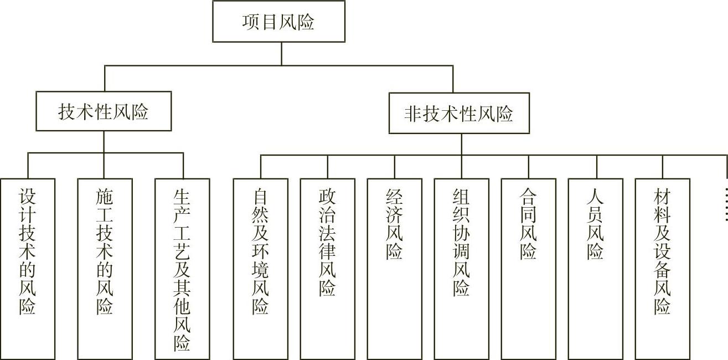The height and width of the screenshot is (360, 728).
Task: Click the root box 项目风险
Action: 278,22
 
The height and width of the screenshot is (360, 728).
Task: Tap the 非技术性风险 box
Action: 459,114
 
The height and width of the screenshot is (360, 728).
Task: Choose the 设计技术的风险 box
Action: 28,268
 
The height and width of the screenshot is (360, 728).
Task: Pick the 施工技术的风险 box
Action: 105,268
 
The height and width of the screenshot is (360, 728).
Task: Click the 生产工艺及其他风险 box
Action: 182,268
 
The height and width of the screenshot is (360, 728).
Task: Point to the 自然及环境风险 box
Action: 261,268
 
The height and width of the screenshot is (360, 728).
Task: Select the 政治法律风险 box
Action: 328,268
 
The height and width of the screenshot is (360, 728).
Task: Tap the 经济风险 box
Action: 395,268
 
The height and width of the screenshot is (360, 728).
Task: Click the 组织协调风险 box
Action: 462,268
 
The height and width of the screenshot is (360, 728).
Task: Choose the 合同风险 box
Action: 529,268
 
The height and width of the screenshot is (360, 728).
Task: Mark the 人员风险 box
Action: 596,268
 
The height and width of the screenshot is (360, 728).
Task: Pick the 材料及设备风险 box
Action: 663,268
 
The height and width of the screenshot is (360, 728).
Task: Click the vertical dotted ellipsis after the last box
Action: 726,205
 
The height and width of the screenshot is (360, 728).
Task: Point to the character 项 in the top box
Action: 251,22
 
